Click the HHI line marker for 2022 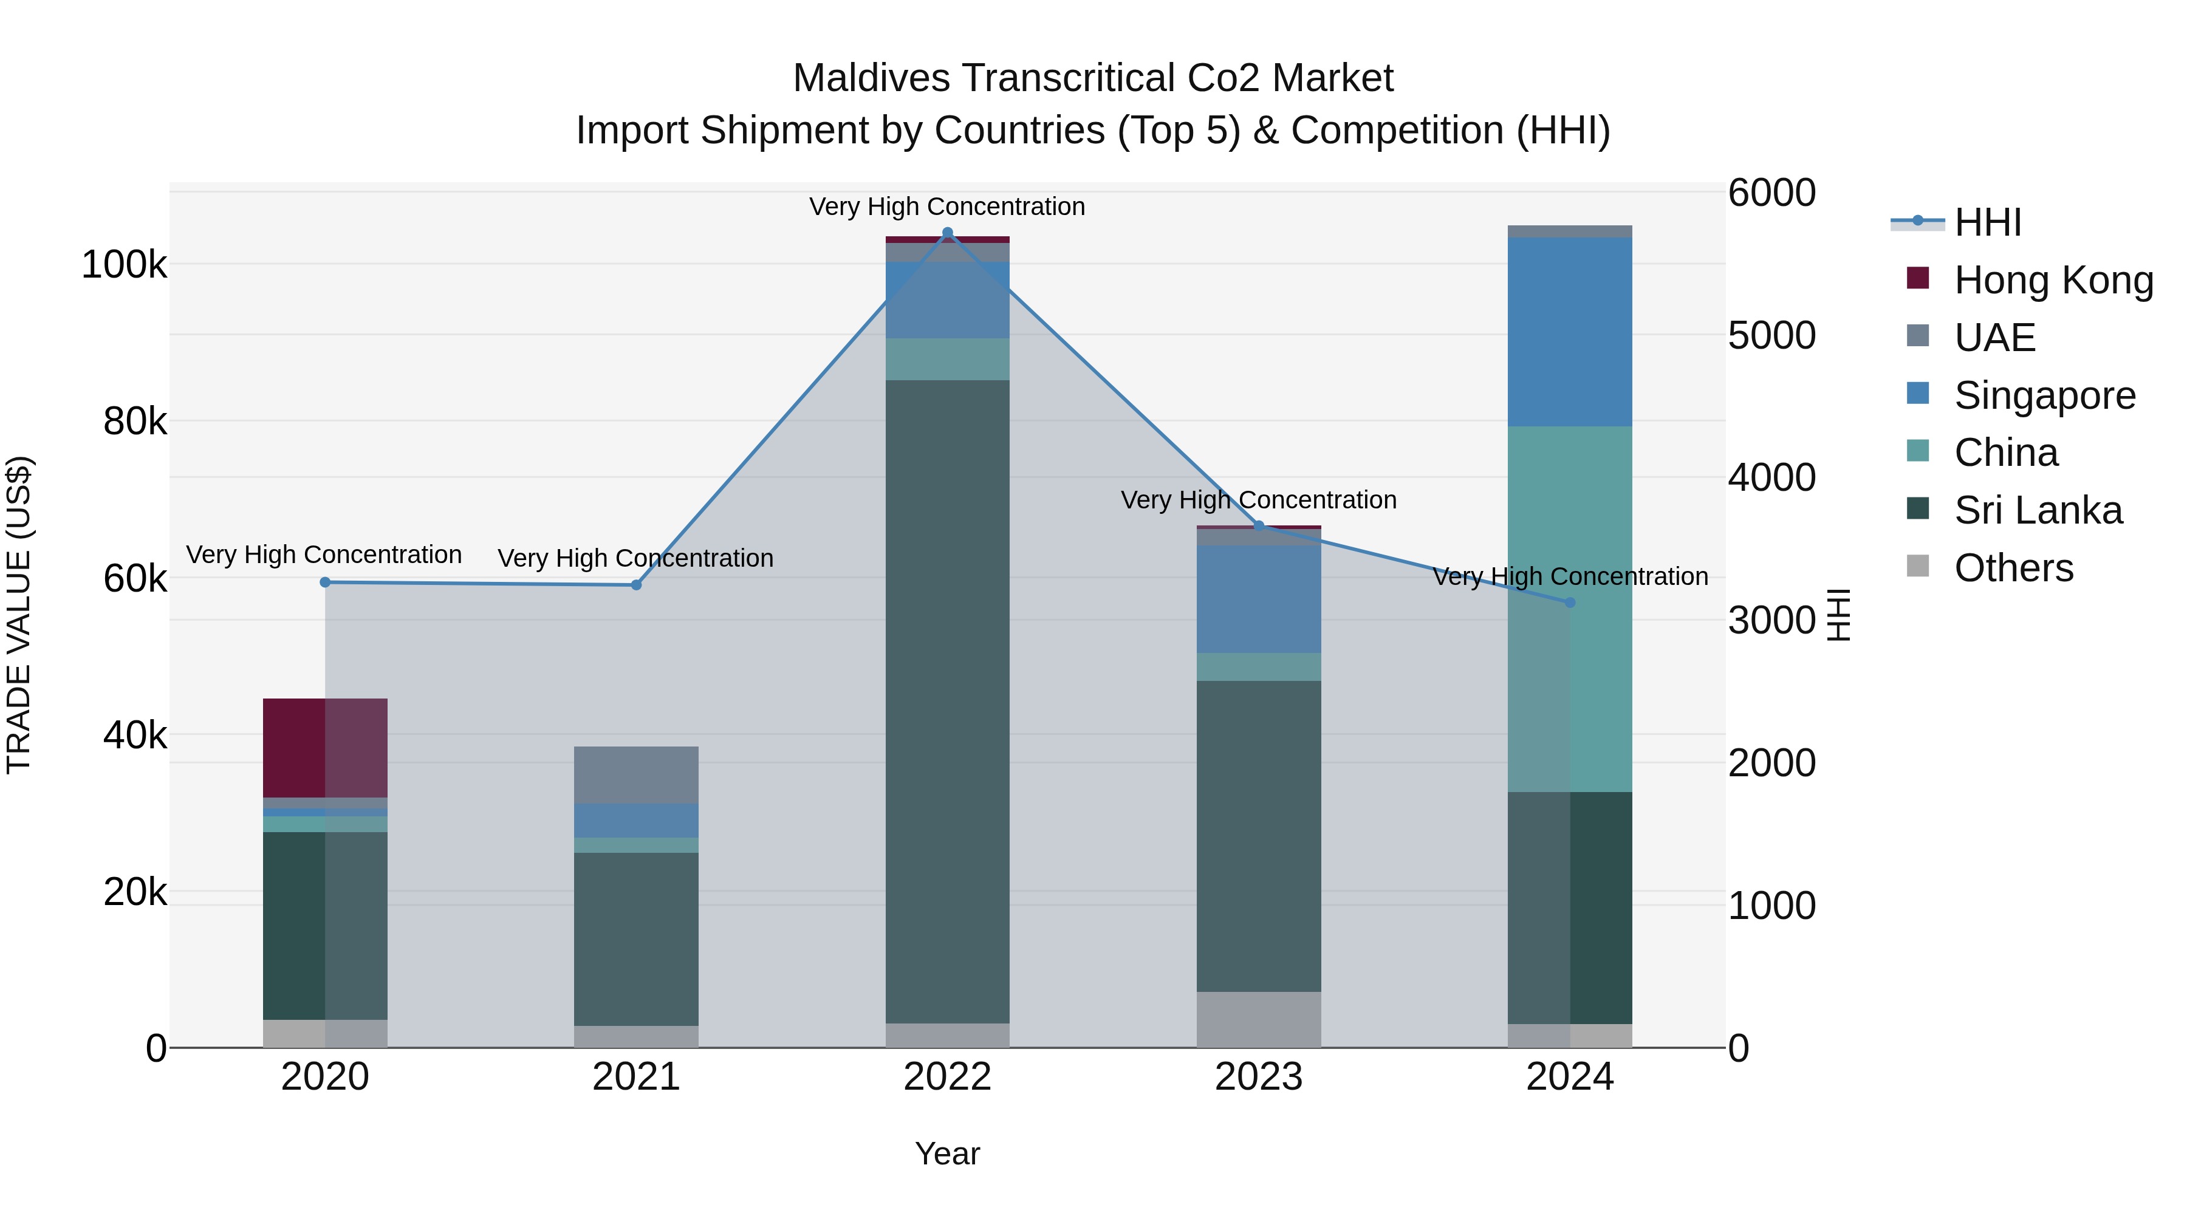[x=948, y=233]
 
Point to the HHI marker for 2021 [x=636, y=585]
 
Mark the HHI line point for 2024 [x=1570, y=603]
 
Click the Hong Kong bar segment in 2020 [x=325, y=748]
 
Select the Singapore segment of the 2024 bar [x=1570, y=332]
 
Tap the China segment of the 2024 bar [x=1570, y=609]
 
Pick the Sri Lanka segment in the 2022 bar [x=948, y=701]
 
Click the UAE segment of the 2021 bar [x=636, y=775]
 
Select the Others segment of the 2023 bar [x=1259, y=1019]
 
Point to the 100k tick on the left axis [x=124, y=265]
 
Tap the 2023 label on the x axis [x=1259, y=1077]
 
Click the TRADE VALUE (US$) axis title [x=19, y=615]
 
